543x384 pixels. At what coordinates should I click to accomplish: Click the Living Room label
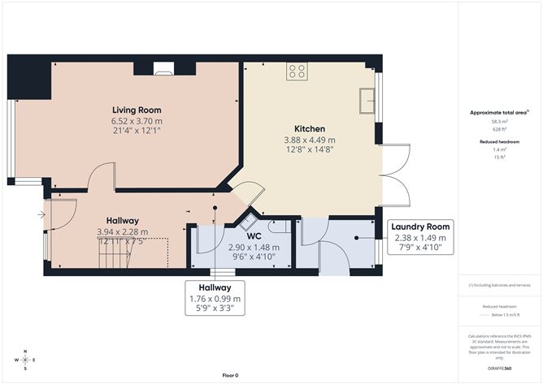pyautogui.click(x=137, y=110)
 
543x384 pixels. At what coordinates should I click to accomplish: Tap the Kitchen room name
pyautogui.click(x=310, y=129)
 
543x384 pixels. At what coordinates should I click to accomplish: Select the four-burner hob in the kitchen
pyautogui.click(x=297, y=71)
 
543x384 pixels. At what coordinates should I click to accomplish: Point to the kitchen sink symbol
pyautogui.click(x=367, y=98)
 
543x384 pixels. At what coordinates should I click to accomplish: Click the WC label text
pyautogui.click(x=242, y=236)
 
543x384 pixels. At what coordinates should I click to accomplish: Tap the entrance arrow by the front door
pyautogui.click(x=41, y=214)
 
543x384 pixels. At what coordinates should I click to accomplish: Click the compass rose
pyautogui.click(x=25, y=358)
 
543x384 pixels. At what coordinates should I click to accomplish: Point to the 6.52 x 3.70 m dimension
pyautogui.click(x=137, y=121)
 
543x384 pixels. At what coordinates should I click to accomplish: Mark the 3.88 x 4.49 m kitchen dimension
pyautogui.click(x=310, y=140)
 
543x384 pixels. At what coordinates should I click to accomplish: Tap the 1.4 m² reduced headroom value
pyautogui.click(x=499, y=149)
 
